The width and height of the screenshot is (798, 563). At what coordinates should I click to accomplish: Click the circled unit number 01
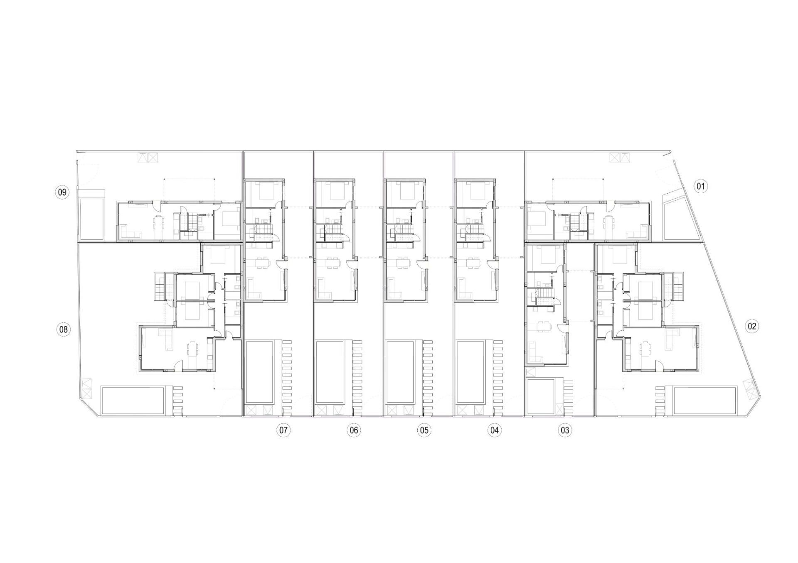pyautogui.click(x=700, y=186)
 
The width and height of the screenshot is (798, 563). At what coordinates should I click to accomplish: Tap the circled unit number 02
pyautogui.click(x=752, y=326)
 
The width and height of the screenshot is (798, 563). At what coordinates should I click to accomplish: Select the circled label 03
pyautogui.click(x=564, y=430)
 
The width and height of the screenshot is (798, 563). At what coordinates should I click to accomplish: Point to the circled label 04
pyautogui.click(x=494, y=430)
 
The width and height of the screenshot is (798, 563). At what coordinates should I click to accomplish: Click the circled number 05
pyautogui.click(x=424, y=430)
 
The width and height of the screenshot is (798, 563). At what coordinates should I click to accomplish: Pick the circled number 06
pyautogui.click(x=353, y=430)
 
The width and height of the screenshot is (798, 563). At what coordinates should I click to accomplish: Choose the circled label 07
pyautogui.click(x=283, y=430)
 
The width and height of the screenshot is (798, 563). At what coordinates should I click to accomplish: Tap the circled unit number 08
pyautogui.click(x=63, y=330)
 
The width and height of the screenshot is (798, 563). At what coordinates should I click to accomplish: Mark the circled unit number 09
pyautogui.click(x=62, y=192)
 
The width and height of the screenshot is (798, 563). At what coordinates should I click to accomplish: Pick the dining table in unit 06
pyautogui.click(x=332, y=263)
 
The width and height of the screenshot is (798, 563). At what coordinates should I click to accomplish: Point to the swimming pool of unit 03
pyautogui.click(x=540, y=396)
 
